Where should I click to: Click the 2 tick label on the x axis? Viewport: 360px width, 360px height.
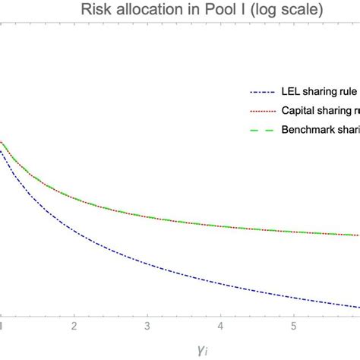(x=74, y=327)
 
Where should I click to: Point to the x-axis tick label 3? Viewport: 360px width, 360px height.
(x=147, y=327)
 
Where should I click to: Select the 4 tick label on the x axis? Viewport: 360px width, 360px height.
(x=219, y=327)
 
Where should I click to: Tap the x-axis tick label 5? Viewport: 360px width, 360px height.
(x=293, y=327)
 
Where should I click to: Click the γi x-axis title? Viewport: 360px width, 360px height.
(x=183, y=349)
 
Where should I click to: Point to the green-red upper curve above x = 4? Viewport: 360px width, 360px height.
(x=219, y=224)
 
